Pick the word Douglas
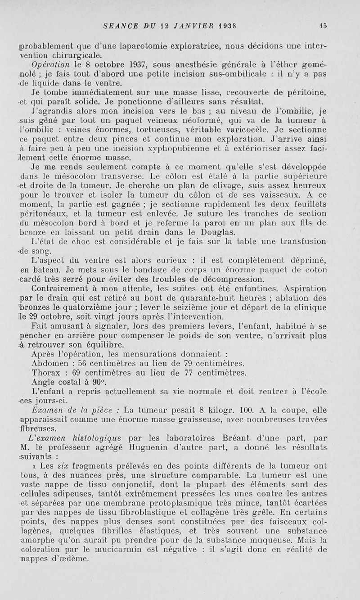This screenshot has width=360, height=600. [217, 232]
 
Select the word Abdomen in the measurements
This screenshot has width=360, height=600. [49, 363]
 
